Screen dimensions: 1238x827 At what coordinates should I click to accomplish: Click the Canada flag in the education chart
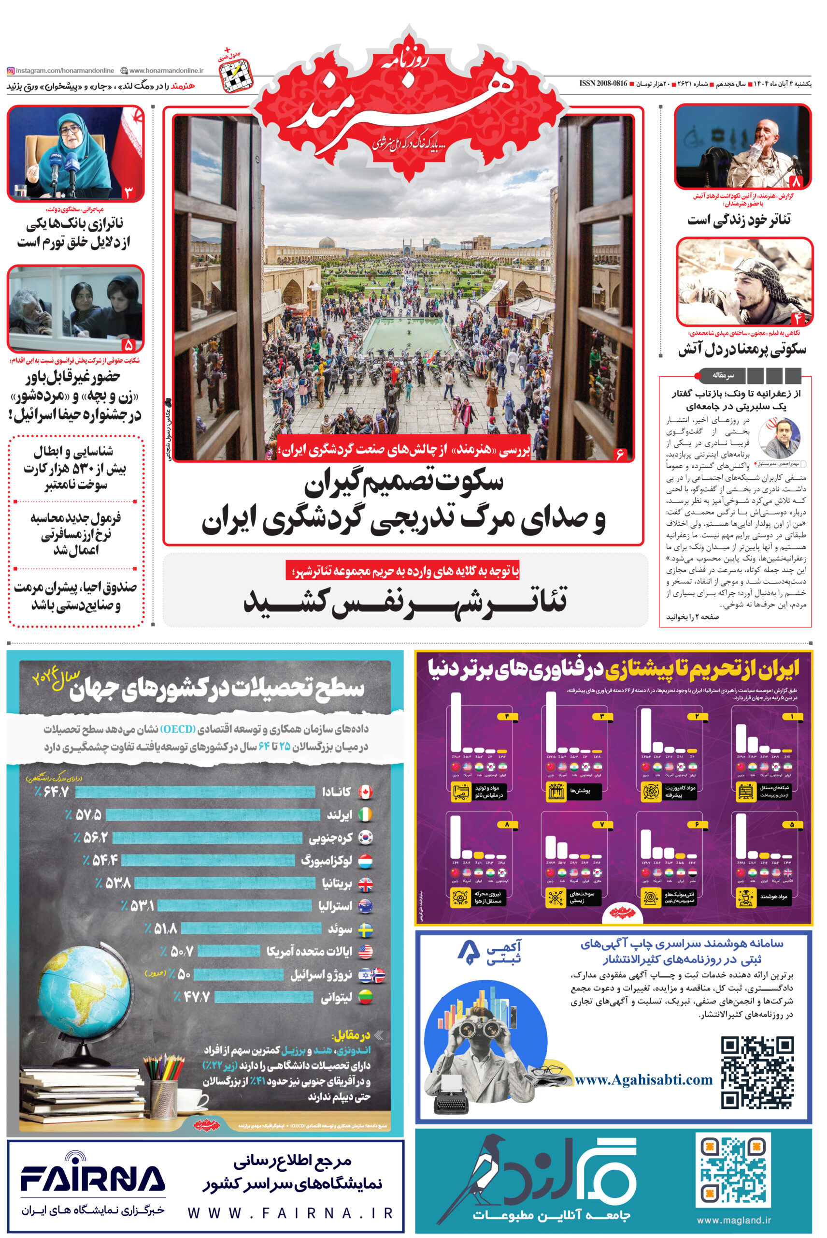365,792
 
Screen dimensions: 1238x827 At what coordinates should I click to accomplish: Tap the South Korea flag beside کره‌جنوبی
366,837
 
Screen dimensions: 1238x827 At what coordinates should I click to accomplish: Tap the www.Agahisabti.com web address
643,1080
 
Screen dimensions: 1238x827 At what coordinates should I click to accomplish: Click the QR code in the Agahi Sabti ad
757,1072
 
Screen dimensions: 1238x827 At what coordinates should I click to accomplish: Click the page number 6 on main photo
620,454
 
